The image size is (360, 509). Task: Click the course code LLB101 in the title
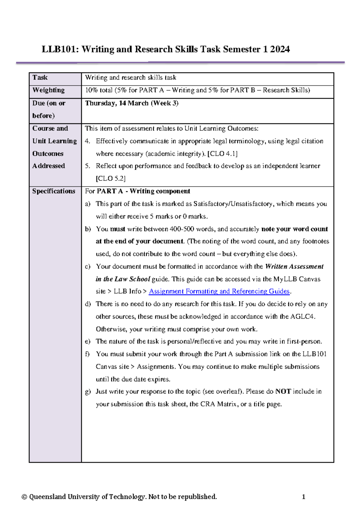tap(60, 49)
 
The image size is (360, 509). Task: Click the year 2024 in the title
tap(280, 49)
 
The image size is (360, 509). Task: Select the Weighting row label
tap(48, 90)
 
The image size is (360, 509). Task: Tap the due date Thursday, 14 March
tap(117, 103)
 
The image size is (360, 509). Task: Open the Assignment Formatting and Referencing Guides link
tap(219, 291)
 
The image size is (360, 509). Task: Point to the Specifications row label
tap(54, 191)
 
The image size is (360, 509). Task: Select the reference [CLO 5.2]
tap(110, 179)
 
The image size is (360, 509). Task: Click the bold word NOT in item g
tap(283, 391)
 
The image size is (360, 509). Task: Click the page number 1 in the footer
tap(304, 497)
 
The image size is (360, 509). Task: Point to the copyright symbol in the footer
tap(24, 497)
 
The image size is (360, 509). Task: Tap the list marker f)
tap(87, 354)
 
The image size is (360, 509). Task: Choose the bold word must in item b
tap(118, 229)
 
